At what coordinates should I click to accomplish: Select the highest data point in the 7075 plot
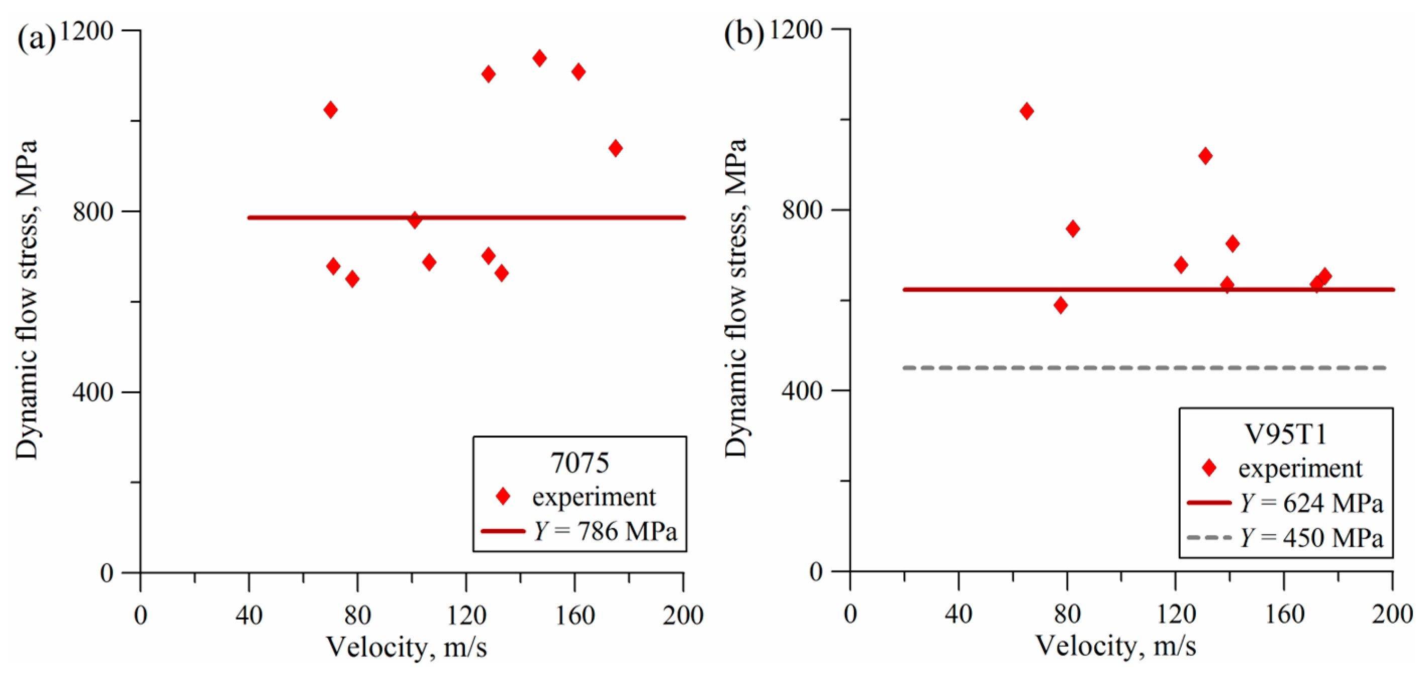pos(539,58)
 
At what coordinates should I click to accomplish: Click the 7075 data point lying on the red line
pos(414,220)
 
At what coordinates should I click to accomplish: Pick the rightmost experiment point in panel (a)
pos(615,148)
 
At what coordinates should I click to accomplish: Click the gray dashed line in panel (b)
pos(1142,368)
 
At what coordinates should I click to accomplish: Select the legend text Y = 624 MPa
pos(1311,503)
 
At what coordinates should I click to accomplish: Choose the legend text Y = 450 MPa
pos(1311,538)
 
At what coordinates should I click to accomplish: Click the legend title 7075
pos(580,463)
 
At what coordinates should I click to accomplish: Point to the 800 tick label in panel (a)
pos(92,211)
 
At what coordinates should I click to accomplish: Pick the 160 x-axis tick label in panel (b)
pos(1284,614)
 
